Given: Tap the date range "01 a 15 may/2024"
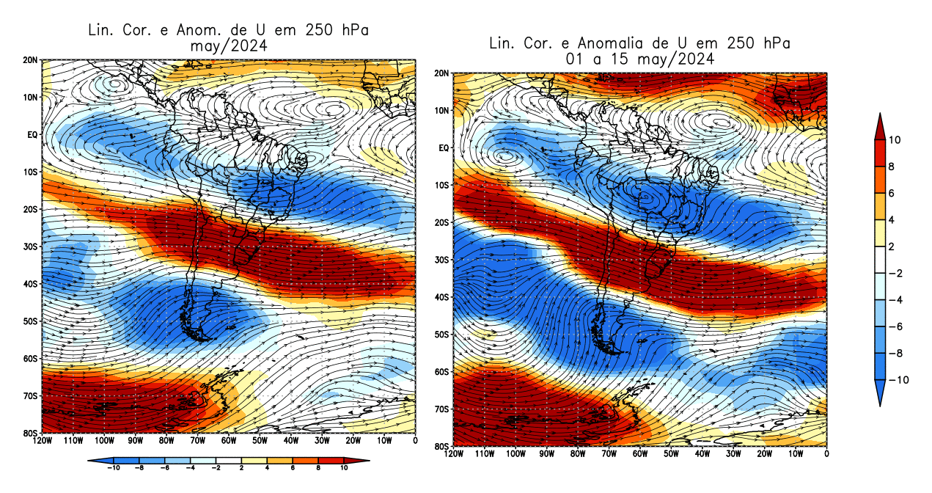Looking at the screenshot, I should coord(639,59).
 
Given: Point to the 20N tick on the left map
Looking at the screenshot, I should coord(30,59).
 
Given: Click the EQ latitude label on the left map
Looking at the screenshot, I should coord(32,134).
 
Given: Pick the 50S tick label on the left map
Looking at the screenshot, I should coord(30,321).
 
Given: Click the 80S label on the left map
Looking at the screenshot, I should coord(30,433).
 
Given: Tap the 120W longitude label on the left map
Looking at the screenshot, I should coord(43,440).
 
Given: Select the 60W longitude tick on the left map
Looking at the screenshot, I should coord(228,440).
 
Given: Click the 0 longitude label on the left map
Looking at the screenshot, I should coord(415,440).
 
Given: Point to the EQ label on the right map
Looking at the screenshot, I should coord(443,148).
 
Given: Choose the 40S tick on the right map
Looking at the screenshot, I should coord(441,297).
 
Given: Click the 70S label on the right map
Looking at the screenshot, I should coord(441,409).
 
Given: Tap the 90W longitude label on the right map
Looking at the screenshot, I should coord(546,453).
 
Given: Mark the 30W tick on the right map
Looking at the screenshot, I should coord(733,453).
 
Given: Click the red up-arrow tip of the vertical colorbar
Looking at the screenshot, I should coord(880,116).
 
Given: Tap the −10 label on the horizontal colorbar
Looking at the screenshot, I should coord(114,467).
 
